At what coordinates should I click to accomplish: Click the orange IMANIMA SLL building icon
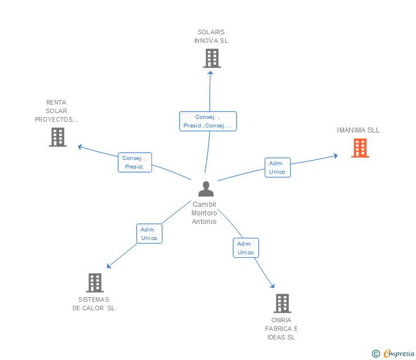[x=359, y=148]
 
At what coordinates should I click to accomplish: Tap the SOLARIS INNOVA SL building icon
[x=211, y=58]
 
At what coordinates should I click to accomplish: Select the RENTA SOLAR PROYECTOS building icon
[x=57, y=137]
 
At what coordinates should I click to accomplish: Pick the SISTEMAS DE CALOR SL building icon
[x=94, y=282]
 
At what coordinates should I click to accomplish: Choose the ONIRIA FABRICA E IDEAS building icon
[x=282, y=303]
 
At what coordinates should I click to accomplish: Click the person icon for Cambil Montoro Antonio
[x=206, y=189]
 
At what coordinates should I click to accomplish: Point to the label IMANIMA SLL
[x=358, y=130]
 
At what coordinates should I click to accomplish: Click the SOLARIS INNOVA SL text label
[x=211, y=37]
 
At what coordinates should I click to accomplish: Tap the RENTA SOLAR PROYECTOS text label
[x=56, y=111]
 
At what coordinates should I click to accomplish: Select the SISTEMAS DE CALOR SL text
[x=94, y=304]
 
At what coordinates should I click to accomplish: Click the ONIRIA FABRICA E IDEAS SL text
[x=281, y=329]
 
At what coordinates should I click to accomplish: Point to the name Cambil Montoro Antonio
[x=204, y=213]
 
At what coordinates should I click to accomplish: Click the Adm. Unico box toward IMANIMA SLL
[x=278, y=167]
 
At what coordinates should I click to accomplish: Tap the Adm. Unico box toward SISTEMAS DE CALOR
[x=149, y=234]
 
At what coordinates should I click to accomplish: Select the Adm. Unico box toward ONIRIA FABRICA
[x=246, y=247]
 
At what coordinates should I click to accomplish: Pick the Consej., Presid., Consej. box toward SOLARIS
[x=208, y=121]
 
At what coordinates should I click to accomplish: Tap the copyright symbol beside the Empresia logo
[x=375, y=354]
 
